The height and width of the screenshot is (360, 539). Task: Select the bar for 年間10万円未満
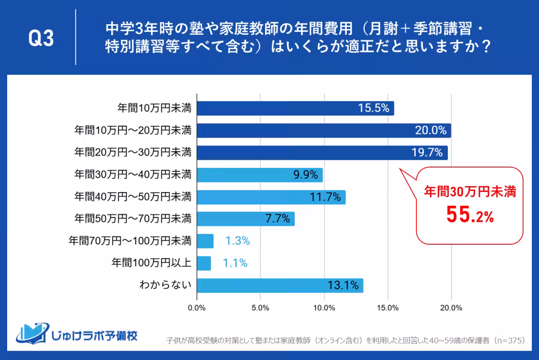click(295, 108)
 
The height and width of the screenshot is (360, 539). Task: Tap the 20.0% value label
click(430, 131)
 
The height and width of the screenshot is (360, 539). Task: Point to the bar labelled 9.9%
click(260, 175)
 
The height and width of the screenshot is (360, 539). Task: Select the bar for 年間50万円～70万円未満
click(246, 219)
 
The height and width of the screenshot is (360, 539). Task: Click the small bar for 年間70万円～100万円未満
click(205, 241)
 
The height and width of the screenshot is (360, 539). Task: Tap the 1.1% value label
click(235, 263)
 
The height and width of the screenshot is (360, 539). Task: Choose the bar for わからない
click(280, 285)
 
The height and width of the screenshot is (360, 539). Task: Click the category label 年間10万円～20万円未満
click(133, 131)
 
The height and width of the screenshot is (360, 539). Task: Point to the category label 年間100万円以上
click(151, 263)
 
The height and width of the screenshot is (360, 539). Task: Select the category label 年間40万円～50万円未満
click(133, 197)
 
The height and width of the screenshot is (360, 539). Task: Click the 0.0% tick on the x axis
click(197, 308)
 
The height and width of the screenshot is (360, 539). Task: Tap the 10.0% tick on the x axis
click(324, 308)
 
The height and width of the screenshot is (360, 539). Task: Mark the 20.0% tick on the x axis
click(451, 308)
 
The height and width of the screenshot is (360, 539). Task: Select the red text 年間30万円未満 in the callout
click(470, 192)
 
